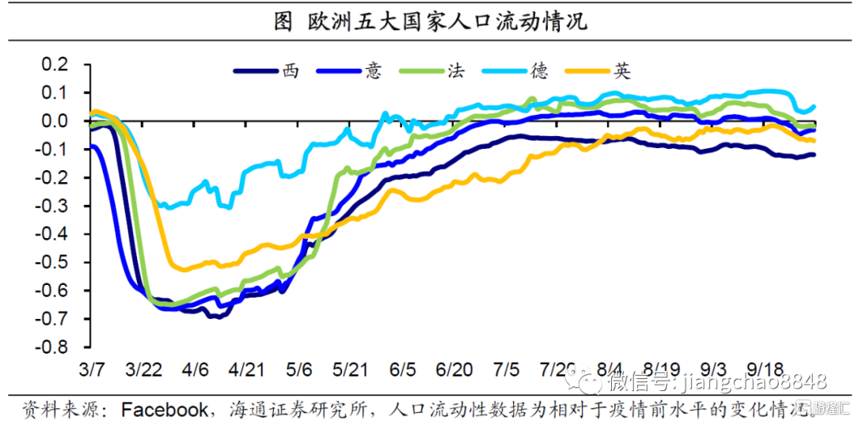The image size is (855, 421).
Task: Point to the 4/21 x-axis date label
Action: (246, 369)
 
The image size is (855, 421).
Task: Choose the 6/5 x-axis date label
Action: (403, 369)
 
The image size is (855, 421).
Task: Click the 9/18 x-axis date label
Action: (764, 369)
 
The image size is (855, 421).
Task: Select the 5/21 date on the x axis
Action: (350, 369)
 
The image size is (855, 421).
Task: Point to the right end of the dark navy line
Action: (814, 154)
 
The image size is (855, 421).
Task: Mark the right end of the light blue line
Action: (814, 107)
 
